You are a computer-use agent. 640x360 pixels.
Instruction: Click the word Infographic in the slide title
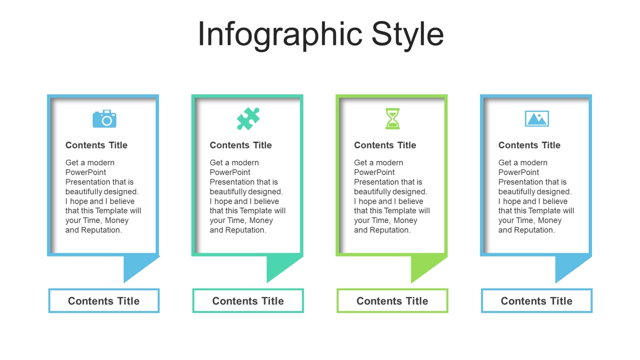pos(281,35)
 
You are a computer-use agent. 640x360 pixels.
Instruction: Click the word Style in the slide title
pos(407,35)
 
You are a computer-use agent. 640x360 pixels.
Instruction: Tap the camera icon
pos(105,118)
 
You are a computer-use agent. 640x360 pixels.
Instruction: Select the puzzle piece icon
pos(249,118)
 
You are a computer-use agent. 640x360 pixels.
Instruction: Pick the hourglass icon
pos(393,118)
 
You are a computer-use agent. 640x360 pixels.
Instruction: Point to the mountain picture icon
pos(537,118)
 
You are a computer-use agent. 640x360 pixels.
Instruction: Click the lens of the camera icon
pos(107,121)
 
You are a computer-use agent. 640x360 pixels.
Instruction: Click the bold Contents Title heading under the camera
pos(97,145)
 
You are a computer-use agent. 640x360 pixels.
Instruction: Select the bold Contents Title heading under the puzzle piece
pos(241,145)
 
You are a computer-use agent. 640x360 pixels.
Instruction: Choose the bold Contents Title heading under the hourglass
pos(385,145)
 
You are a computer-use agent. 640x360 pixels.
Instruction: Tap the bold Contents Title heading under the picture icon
pos(529,145)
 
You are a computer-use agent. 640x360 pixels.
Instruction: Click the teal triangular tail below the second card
pos(278,265)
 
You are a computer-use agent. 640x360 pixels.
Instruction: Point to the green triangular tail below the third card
pos(423,265)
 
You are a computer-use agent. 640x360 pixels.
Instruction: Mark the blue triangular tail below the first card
pos(135,265)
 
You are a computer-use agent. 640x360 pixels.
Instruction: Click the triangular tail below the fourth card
pos(567,265)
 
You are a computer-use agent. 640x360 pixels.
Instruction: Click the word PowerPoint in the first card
pos(85,172)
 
